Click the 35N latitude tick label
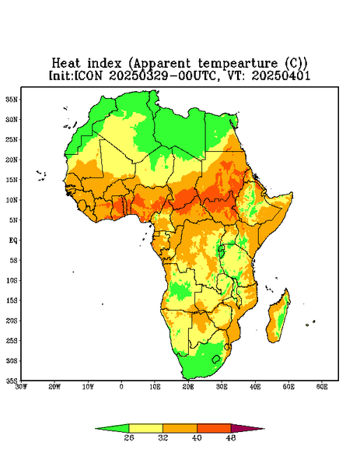[x=12, y=99]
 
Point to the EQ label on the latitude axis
[x=12, y=240]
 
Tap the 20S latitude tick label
[x=12, y=321]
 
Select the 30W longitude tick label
[x=21, y=387]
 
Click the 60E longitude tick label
[x=322, y=387]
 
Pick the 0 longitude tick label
[x=121, y=387]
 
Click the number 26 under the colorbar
[x=129, y=437]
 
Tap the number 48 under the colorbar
[x=231, y=437]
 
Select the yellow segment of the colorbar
[x=145, y=428]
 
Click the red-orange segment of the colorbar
[x=214, y=428]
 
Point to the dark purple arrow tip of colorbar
[x=264, y=429]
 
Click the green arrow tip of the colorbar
[x=96, y=429]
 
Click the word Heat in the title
[x=66, y=63]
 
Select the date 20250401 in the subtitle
[x=281, y=75]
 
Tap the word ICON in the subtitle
[x=89, y=75]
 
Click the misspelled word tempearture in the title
[x=238, y=64]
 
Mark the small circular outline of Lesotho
[x=216, y=359]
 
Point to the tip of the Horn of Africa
[x=292, y=194]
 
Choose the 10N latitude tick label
[x=12, y=199]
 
